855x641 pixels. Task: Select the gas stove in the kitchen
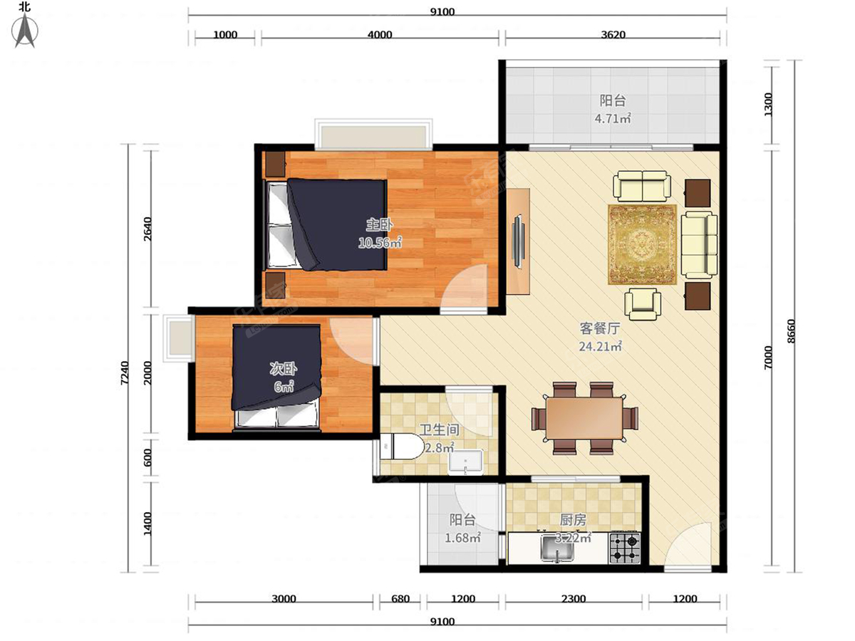(x=624, y=548)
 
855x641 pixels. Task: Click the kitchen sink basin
(x=557, y=548)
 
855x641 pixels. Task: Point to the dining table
(x=584, y=418)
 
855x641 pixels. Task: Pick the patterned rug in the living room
(x=643, y=245)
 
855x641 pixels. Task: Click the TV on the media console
(x=518, y=241)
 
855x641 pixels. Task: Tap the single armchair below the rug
(x=643, y=304)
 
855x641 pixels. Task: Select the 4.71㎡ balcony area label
(x=612, y=118)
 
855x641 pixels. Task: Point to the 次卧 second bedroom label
(x=283, y=368)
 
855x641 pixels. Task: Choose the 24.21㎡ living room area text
(x=600, y=346)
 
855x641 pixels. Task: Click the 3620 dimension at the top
(x=613, y=35)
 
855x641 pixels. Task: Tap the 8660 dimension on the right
(x=790, y=331)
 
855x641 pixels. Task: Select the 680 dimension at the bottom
(x=400, y=598)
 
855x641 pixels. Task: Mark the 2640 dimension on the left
(x=147, y=229)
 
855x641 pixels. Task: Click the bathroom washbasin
(x=465, y=462)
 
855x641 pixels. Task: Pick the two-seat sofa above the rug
(x=642, y=185)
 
